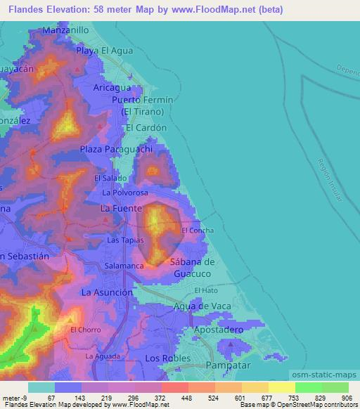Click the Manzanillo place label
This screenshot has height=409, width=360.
65,31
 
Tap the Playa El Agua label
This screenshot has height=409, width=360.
105,51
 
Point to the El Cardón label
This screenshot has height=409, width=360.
146,128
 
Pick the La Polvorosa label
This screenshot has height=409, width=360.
125,192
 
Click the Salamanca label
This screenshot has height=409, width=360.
124,266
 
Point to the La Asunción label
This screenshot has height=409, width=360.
107,292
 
